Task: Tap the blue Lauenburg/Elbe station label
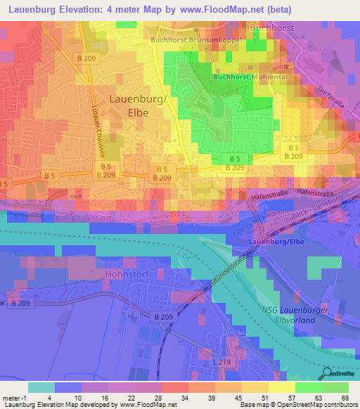275,242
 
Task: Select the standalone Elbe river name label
184,254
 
